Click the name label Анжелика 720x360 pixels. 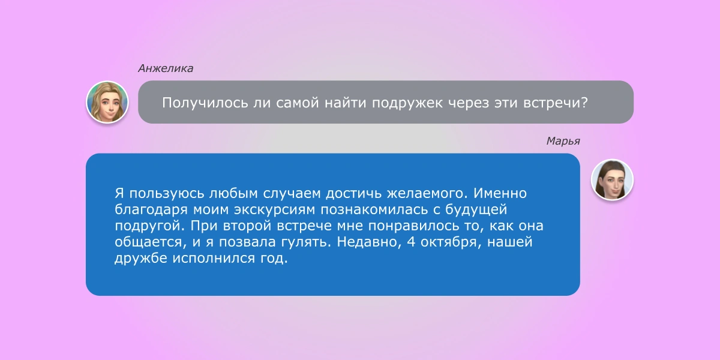tap(166, 68)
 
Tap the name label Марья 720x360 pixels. tap(562, 141)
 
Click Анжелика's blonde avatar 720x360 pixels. tap(107, 102)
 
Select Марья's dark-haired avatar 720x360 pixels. tap(612, 179)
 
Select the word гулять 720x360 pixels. tap(308, 244)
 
